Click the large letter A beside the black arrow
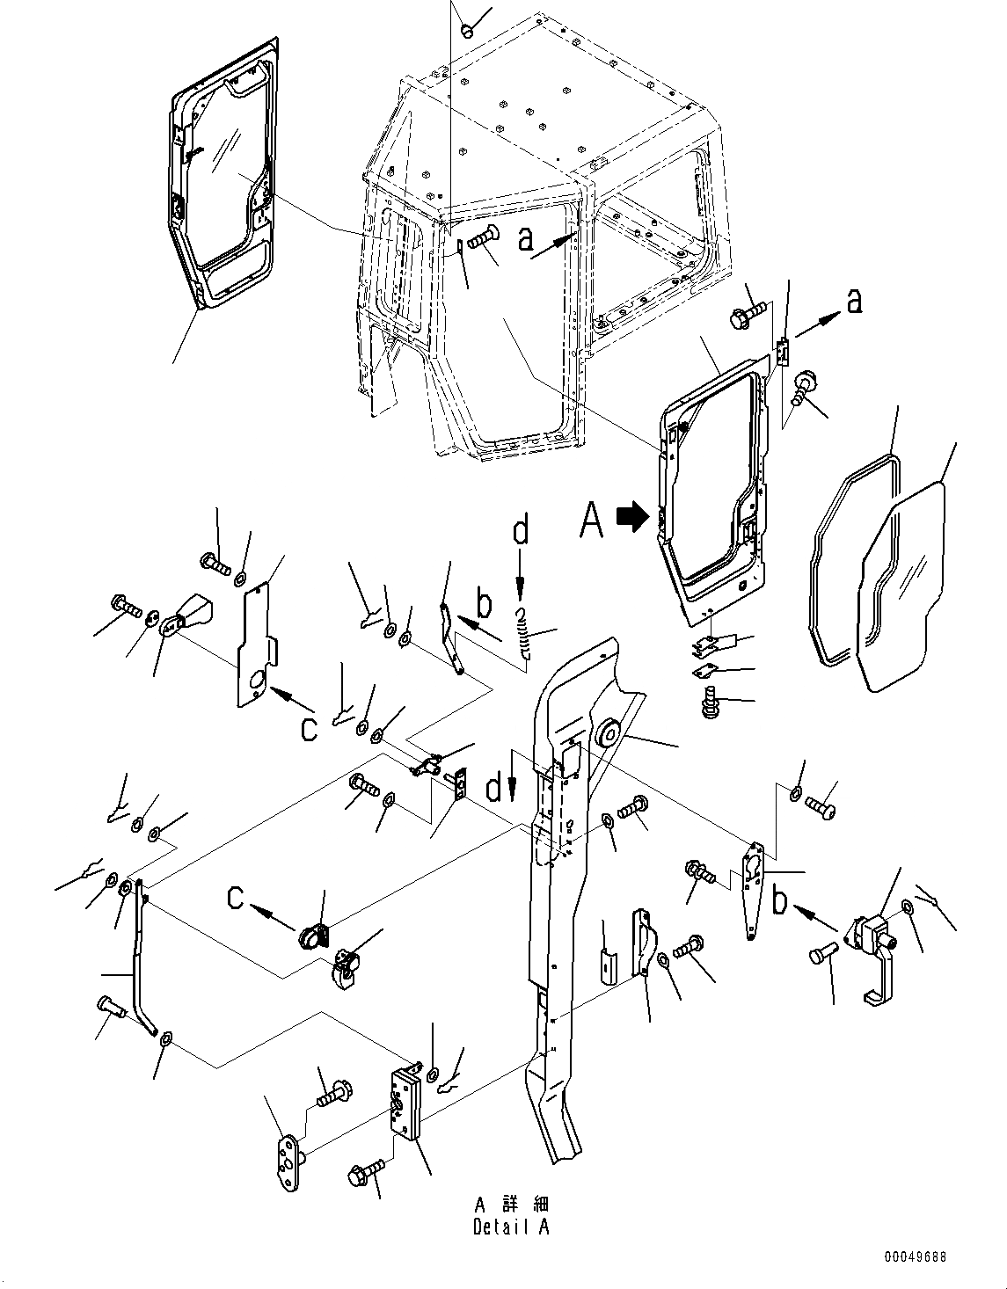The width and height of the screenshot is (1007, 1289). [x=592, y=520]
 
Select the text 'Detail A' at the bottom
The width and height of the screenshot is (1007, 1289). [x=510, y=1227]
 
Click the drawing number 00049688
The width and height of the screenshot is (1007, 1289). [x=916, y=1258]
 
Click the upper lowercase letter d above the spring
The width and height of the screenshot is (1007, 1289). [x=521, y=530]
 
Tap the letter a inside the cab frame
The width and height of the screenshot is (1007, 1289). [x=526, y=238]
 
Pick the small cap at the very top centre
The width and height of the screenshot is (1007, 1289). [x=468, y=31]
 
